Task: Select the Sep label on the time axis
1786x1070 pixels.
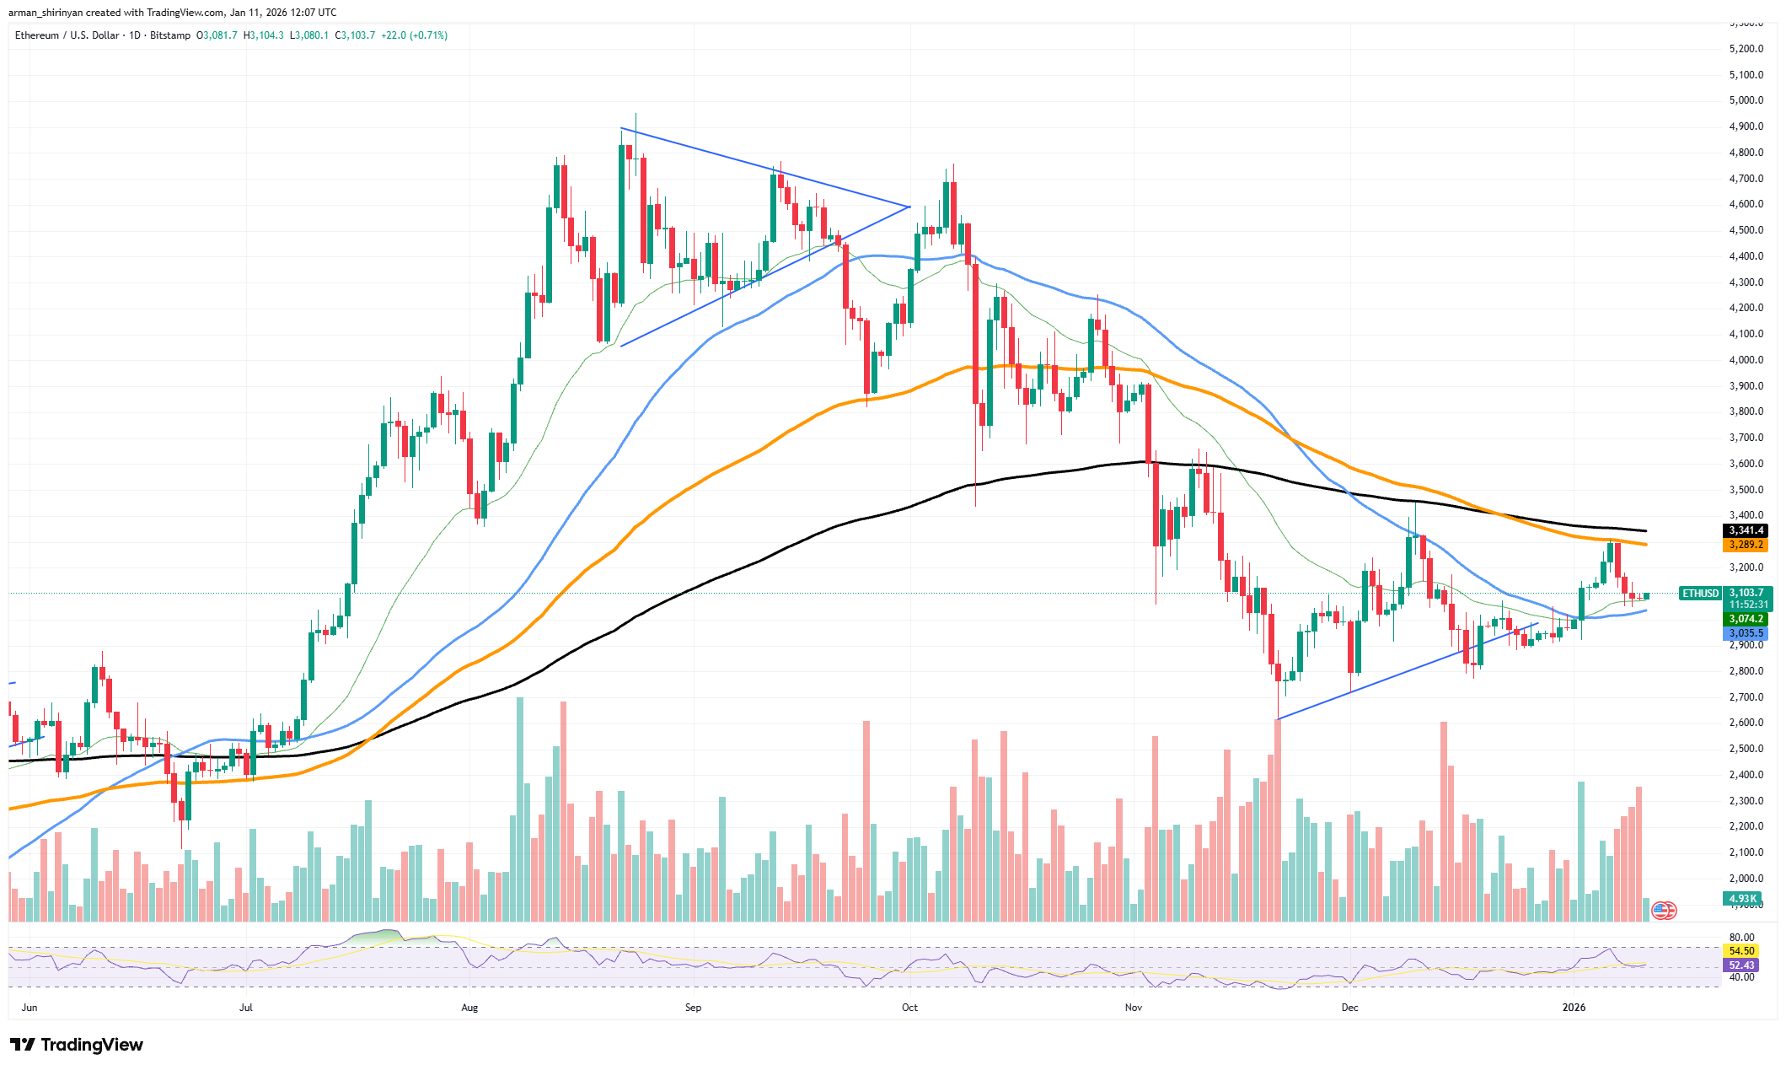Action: (x=693, y=1008)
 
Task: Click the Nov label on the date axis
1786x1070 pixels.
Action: (x=1133, y=1008)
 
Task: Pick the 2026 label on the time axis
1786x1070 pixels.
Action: (x=1574, y=1008)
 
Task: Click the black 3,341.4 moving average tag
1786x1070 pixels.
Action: (x=1746, y=530)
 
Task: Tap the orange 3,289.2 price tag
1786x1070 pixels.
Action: (x=1746, y=545)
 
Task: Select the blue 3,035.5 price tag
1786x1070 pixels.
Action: (x=1746, y=633)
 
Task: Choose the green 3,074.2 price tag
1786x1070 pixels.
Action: (x=1746, y=619)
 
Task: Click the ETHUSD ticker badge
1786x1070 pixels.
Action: (x=1700, y=594)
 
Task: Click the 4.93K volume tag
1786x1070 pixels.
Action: (x=1742, y=899)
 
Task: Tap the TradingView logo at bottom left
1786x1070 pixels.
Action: (x=78, y=1046)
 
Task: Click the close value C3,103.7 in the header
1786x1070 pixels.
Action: (x=355, y=35)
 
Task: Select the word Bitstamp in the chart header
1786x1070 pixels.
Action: (x=170, y=35)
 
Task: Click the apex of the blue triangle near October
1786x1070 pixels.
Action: (x=909, y=207)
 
